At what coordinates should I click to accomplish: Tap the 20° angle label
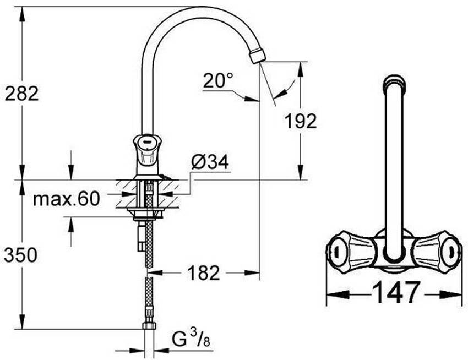217,81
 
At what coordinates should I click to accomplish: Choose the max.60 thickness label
66,199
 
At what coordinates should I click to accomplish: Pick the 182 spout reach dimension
204,272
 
